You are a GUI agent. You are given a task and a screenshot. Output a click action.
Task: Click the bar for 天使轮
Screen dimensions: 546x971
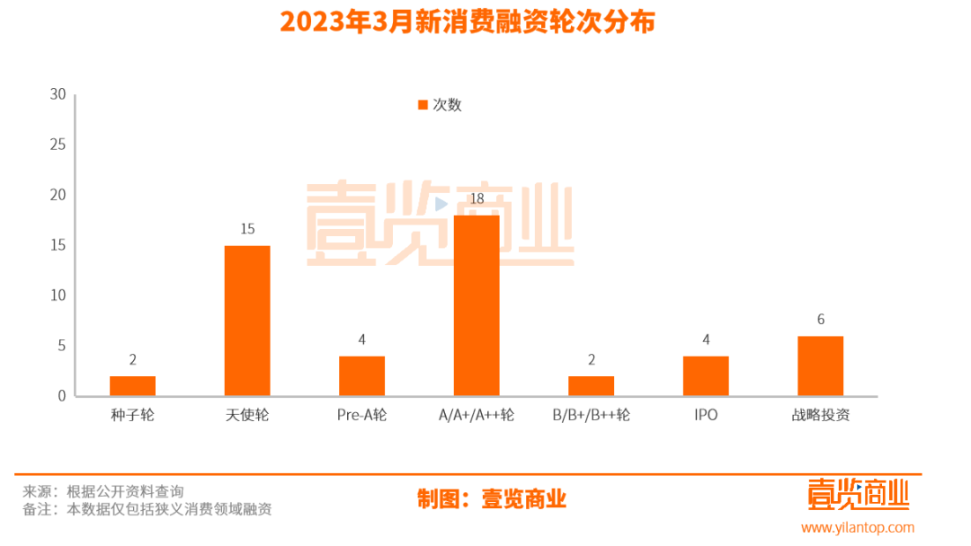pyautogui.click(x=247, y=321)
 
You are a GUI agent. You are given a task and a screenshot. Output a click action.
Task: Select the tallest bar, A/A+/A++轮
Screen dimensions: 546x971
pyautogui.click(x=477, y=305)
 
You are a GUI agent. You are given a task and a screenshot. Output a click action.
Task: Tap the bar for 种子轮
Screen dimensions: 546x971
pyautogui.click(x=133, y=386)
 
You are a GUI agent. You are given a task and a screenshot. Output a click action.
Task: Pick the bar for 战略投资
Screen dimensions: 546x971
pyautogui.click(x=820, y=366)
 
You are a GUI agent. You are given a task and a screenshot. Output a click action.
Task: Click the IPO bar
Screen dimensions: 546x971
pyautogui.click(x=706, y=376)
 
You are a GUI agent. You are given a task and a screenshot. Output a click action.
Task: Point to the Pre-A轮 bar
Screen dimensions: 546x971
pyautogui.click(x=361, y=376)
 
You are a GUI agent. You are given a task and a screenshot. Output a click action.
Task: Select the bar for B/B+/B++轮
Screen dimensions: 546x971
pyautogui.click(x=591, y=386)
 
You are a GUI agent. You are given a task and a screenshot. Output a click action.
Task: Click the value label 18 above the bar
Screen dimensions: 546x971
pyautogui.click(x=477, y=198)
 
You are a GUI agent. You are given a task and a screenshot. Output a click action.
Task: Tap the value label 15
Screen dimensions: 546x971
pyautogui.click(x=247, y=229)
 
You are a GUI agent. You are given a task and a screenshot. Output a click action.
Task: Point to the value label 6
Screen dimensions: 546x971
pyautogui.click(x=820, y=320)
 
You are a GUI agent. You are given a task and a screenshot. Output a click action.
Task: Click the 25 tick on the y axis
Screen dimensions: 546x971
pyautogui.click(x=58, y=145)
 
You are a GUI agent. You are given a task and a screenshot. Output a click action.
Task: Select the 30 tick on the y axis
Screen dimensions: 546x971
pyautogui.click(x=58, y=94)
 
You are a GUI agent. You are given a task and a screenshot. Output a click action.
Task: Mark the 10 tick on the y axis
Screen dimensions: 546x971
pyautogui.click(x=58, y=295)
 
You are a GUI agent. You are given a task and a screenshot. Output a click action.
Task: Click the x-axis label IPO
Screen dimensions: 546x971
pyautogui.click(x=706, y=416)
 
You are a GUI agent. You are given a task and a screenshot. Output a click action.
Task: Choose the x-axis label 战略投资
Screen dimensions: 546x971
pyautogui.click(x=820, y=416)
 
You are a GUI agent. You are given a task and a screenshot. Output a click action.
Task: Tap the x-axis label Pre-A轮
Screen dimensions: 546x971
pyautogui.click(x=361, y=416)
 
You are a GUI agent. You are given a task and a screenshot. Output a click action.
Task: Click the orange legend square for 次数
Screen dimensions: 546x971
pyautogui.click(x=423, y=105)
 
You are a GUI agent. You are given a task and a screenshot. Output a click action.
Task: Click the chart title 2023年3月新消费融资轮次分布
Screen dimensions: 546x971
pyautogui.click(x=467, y=22)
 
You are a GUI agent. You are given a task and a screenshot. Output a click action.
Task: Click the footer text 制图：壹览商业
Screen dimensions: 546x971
pyautogui.click(x=492, y=499)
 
